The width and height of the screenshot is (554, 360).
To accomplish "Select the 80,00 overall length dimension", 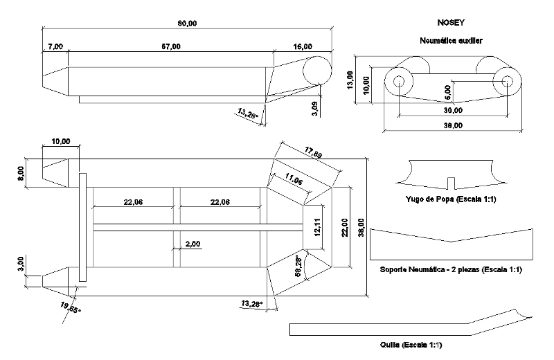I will click(187, 24).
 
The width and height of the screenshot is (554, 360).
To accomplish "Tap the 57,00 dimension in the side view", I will click(171, 46).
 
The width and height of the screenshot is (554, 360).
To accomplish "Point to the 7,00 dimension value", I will click(55, 46).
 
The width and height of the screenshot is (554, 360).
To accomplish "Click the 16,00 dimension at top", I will click(302, 46).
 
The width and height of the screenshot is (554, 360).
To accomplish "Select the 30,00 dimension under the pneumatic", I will click(454, 110).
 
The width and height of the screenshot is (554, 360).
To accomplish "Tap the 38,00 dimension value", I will click(454, 125).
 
